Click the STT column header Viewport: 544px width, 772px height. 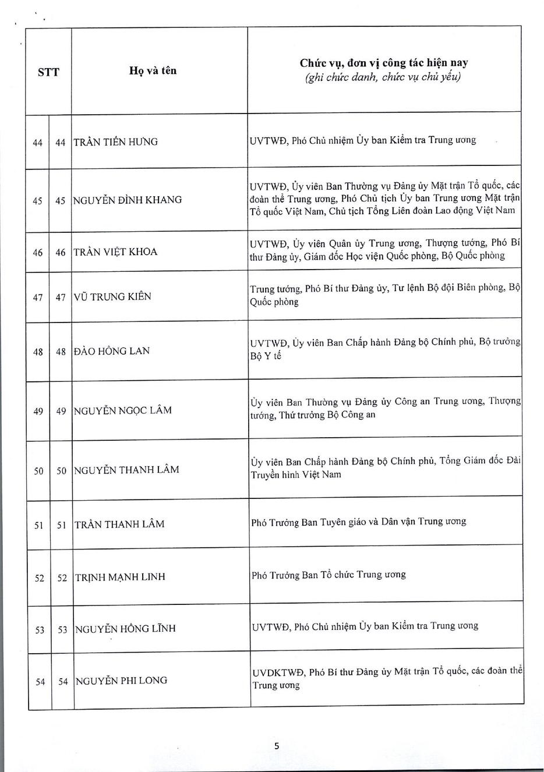[x=48, y=72]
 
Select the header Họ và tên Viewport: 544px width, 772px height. [x=153, y=71]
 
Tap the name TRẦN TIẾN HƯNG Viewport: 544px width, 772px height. [x=116, y=142]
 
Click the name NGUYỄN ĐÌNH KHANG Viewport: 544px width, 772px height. [x=127, y=200]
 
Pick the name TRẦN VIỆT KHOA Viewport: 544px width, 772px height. [x=115, y=252]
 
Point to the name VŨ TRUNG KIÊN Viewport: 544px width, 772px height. [x=112, y=296]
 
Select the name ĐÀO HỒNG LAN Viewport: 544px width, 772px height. [x=112, y=351]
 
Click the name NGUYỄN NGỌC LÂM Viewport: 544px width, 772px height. [x=123, y=410]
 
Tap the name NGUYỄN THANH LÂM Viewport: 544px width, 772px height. [x=126, y=470]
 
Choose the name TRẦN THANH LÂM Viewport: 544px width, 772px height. [x=119, y=524]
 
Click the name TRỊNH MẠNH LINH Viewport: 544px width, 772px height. [x=120, y=577]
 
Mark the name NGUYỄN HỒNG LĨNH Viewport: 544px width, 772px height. [x=125, y=629]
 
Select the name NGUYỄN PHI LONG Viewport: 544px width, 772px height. [x=121, y=681]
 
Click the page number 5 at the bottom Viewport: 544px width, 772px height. [x=277, y=746]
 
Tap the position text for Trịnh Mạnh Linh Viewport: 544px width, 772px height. [x=328, y=575]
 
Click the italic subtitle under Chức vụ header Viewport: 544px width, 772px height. [x=383, y=77]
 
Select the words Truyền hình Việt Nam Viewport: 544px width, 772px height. [x=296, y=474]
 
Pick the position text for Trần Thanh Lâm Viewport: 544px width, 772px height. [x=358, y=522]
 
